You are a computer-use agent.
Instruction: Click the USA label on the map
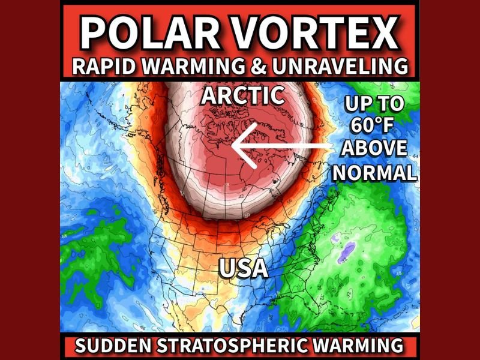click(x=243, y=268)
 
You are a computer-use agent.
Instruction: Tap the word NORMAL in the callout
click(x=374, y=172)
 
